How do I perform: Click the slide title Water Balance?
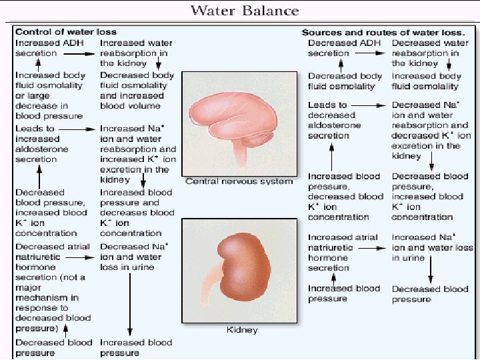pos(245,11)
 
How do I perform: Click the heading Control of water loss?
pos(65,32)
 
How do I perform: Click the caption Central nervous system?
pos(239,181)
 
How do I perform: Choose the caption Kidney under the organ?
pos(241,329)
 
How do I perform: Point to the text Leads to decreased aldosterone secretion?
pos(335,120)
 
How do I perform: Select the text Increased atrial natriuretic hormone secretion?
pos(343,253)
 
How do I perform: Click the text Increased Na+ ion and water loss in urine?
pos(432,247)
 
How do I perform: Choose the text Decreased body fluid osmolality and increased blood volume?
pos(137,91)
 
